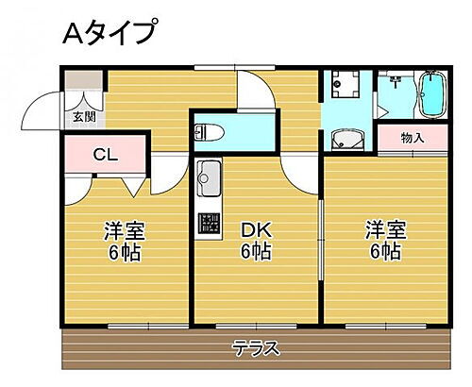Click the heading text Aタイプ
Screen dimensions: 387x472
[109, 35]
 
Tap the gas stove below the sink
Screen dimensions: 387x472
[208, 224]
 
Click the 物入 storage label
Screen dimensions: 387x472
[413, 138]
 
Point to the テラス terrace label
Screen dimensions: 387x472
[256, 348]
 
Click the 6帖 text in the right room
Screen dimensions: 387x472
[384, 252]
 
